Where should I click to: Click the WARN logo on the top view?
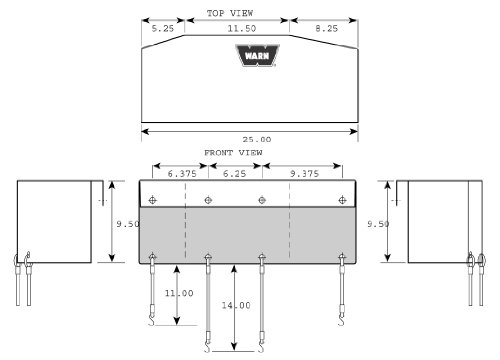250,56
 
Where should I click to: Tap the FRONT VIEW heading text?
234,152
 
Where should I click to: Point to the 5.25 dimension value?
163,29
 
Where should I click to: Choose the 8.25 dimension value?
325,29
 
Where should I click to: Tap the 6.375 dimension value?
182,173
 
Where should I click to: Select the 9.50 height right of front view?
377,225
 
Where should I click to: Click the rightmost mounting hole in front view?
345,199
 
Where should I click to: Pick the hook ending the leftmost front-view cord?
152,320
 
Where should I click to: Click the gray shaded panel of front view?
250,235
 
